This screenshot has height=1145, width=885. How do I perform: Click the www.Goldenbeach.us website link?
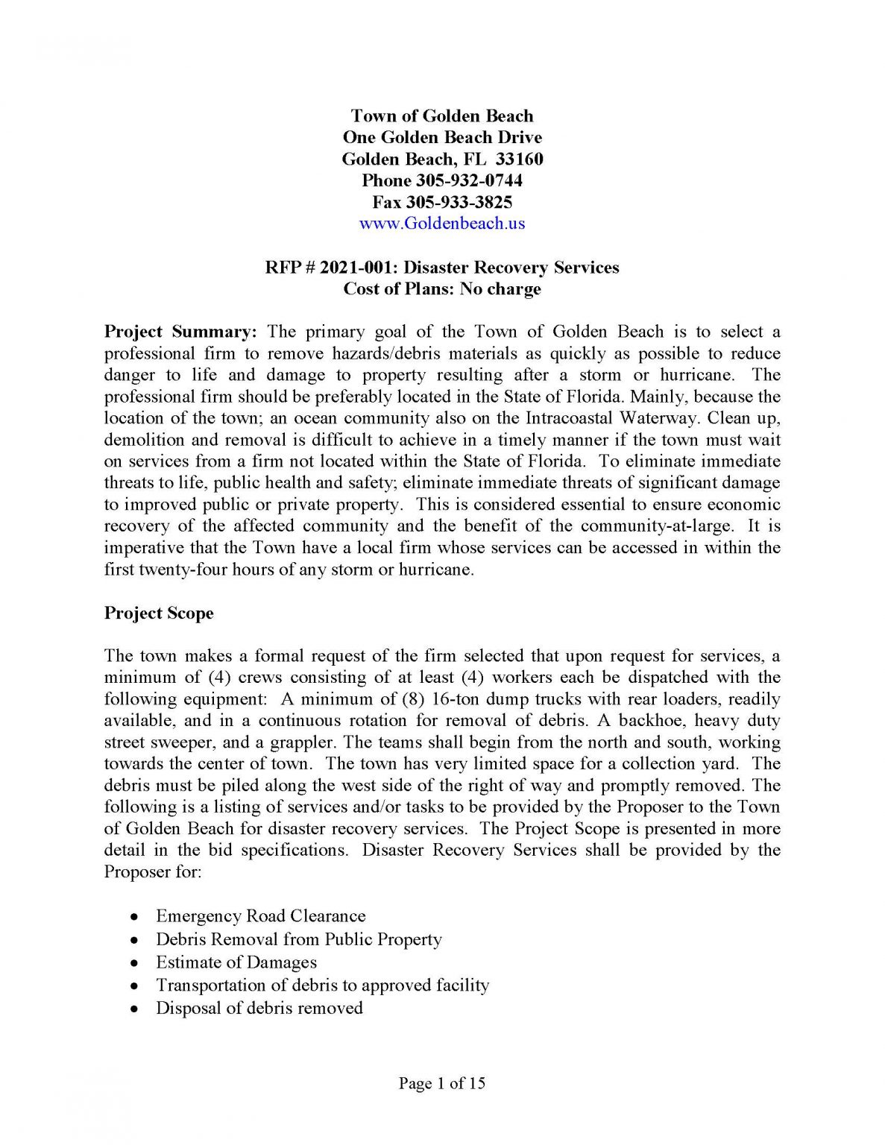tap(442, 224)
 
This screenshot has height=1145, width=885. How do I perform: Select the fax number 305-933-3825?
tap(459, 202)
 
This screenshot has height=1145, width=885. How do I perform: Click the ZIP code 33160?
tap(520, 159)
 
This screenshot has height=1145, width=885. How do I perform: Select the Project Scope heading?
tap(159, 613)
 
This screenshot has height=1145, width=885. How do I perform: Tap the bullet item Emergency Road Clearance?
tap(260, 916)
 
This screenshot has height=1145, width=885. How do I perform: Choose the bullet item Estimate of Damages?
tap(236, 962)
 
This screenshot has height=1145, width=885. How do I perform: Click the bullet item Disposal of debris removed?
tap(259, 1009)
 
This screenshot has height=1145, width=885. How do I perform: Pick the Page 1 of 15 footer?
tap(442, 1083)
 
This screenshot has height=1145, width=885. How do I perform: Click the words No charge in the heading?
tap(500, 289)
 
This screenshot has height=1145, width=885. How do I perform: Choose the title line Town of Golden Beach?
tap(442, 116)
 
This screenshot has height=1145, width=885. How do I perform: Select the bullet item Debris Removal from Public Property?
tap(299, 939)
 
